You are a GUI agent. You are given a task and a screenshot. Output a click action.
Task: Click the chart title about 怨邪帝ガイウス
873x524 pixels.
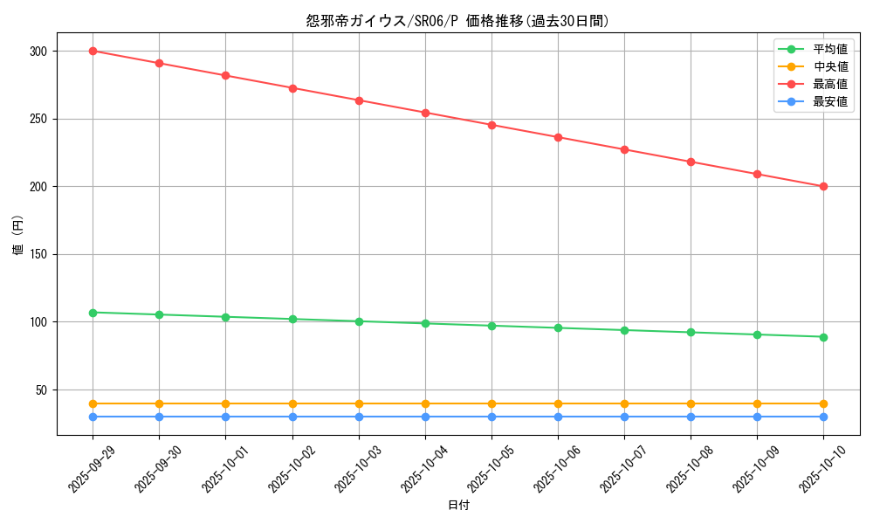[x=457, y=21]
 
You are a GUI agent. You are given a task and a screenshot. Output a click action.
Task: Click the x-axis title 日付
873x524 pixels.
[x=457, y=506]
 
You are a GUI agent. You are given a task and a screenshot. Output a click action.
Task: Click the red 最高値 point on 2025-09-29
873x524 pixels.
[x=93, y=51]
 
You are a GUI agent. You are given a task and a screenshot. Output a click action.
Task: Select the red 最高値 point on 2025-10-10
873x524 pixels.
[x=823, y=186]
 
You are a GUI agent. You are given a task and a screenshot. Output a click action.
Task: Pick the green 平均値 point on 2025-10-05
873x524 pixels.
[x=491, y=326]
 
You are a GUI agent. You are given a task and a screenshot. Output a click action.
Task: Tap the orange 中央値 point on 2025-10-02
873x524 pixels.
[x=292, y=403]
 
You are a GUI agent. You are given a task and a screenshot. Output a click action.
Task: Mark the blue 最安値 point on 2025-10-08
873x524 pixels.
[x=691, y=417]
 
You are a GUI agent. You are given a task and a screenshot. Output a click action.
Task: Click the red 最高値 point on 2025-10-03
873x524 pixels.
[x=359, y=100]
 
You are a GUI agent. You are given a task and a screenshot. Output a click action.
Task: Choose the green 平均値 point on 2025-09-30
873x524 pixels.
[x=159, y=314]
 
